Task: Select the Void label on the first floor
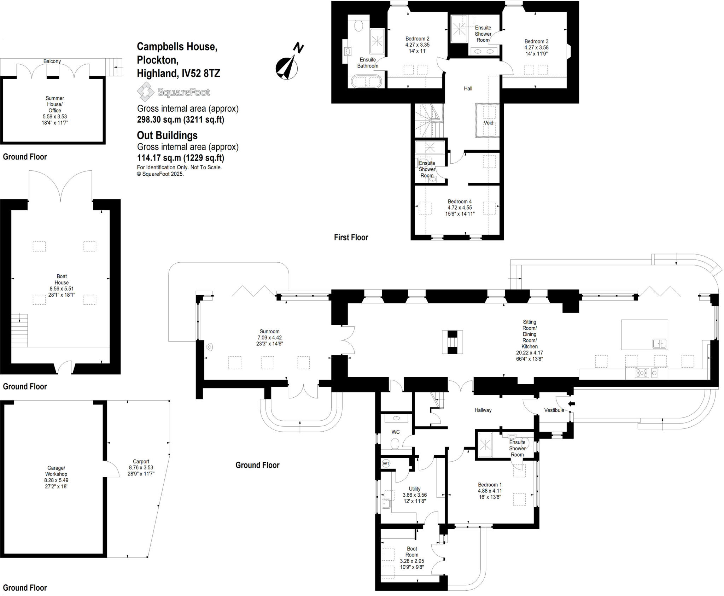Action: click(x=488, y=123)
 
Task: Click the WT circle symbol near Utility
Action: click(x=386, y=463)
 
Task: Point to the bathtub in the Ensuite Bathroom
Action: click(x=367, y=82)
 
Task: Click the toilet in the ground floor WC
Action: click(x=395, y=443)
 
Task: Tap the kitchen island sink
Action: click(x=659, y=343)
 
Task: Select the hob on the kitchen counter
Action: click(x=642, y=373)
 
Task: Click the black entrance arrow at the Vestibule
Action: click(x=571, y=404)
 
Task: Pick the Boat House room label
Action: click(x=62, y=279)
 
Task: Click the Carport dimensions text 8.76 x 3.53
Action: click(x=141, y=467)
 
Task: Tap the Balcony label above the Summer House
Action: click(x=52, y=61)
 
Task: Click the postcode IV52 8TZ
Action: click(x=200, y=73)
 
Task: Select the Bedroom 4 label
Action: click(x=460, y=201)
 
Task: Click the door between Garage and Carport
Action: click(x=112, y=469)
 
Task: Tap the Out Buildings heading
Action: click(x=167, y=135)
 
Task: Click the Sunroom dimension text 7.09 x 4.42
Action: click(x=269, y=338)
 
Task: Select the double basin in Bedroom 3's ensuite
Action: click(x=484, y=52)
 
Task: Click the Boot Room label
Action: click(x=412, y=551)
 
